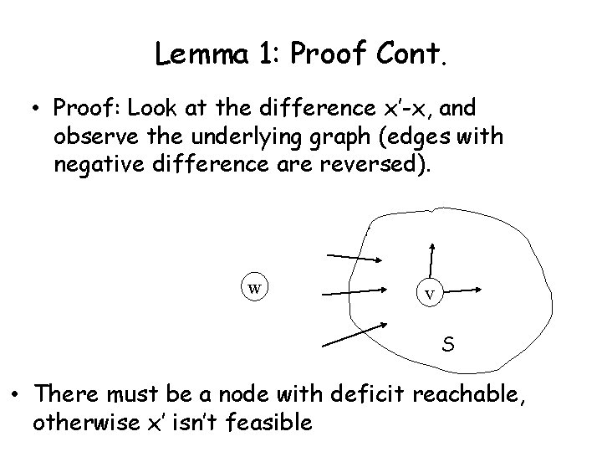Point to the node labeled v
(x=429, y=293)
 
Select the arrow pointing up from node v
(x=431, y=259)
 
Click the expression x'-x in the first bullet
(x=406, y=109)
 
